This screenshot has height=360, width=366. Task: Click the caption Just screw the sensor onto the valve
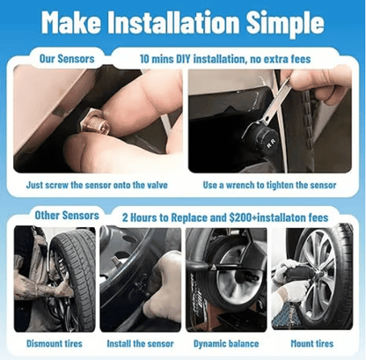point(98,186)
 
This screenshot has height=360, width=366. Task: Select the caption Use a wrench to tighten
point(269,186)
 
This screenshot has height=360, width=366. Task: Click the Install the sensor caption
point(140,343)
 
